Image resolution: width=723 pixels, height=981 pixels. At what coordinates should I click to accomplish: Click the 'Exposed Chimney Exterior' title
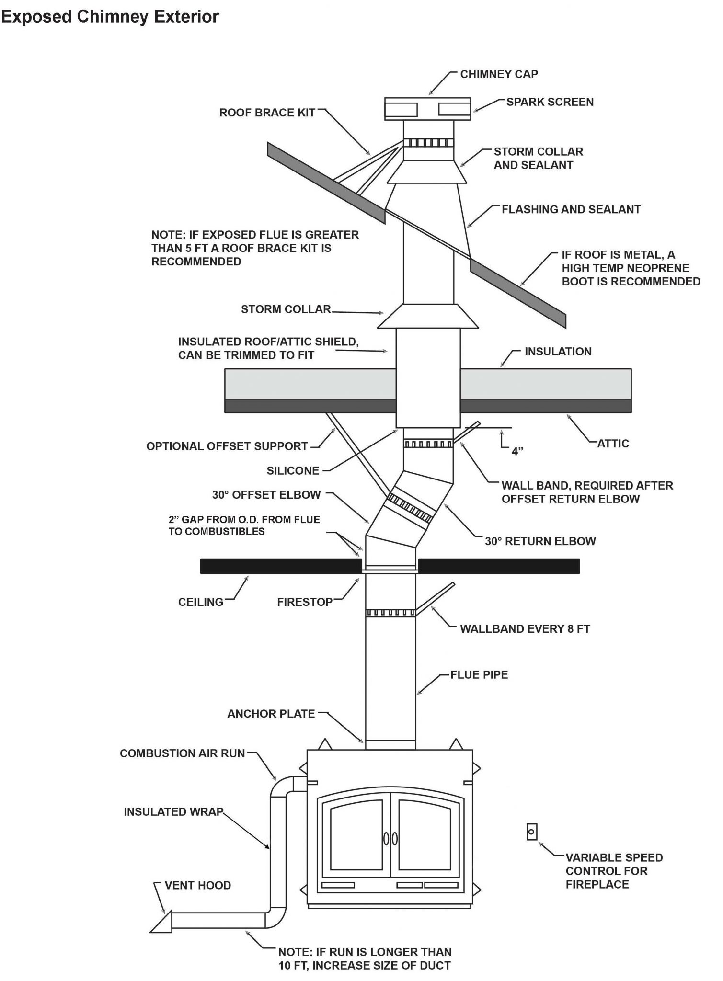tap(110, 16)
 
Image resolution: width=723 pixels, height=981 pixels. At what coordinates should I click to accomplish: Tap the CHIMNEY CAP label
tap(499, 74)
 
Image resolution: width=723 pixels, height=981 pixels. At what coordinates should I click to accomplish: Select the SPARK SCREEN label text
tap(550, 102)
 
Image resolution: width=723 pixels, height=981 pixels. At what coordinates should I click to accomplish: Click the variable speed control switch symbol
tap(531, 832)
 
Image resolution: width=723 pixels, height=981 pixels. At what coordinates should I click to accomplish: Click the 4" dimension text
tap(517, 451)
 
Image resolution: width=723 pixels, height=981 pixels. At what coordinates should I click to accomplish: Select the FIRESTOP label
tap(305, 602)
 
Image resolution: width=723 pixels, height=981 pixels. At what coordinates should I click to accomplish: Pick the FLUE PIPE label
tap(479, 674)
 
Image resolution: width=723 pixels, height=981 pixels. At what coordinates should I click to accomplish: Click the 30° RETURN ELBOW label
tap(540, 541)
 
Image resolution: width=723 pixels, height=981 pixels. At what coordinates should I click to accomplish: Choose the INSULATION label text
tap(558, 352)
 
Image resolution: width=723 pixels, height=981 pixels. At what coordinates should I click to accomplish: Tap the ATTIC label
tap(613, 443)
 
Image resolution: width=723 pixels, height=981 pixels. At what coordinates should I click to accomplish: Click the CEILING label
tap(200, 602)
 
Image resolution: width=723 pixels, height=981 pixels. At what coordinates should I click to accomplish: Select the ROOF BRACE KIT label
tap(267, 113)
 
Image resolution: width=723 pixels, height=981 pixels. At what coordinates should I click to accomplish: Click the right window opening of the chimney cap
tap(453, 110)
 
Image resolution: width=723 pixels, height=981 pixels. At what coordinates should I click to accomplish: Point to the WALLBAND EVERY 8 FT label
tap(525, 629)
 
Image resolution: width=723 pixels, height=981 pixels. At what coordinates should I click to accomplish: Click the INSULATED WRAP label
tap(173, 812)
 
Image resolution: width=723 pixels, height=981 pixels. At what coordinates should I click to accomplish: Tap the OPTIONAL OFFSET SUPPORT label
tap(227, 446)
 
